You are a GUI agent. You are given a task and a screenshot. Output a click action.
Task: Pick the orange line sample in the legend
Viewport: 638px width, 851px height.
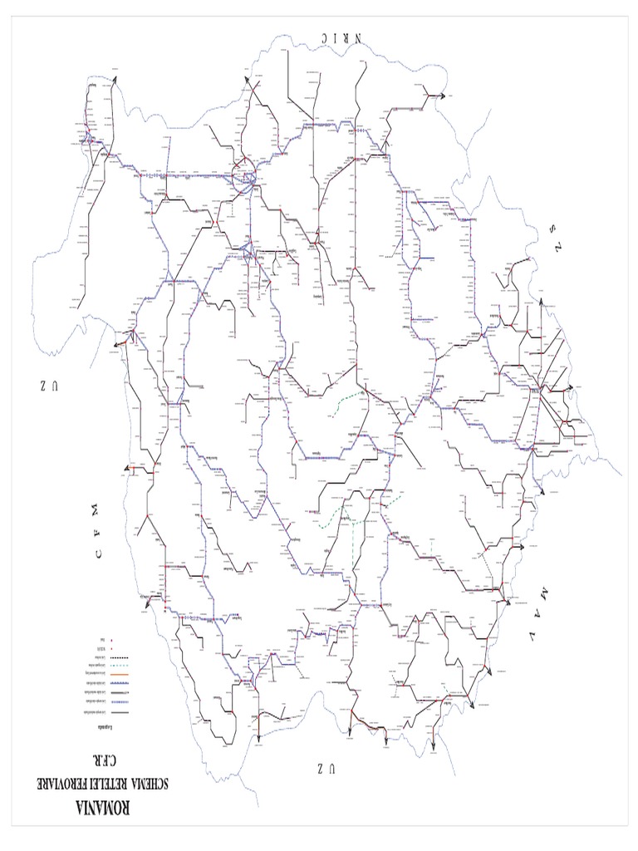click(113, 675)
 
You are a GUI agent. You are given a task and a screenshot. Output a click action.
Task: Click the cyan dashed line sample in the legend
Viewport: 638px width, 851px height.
click(113, 666)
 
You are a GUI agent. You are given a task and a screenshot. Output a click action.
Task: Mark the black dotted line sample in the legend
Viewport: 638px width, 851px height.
click(113, 657)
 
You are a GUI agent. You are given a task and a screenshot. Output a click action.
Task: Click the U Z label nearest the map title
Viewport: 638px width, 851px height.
click(325, 768)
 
